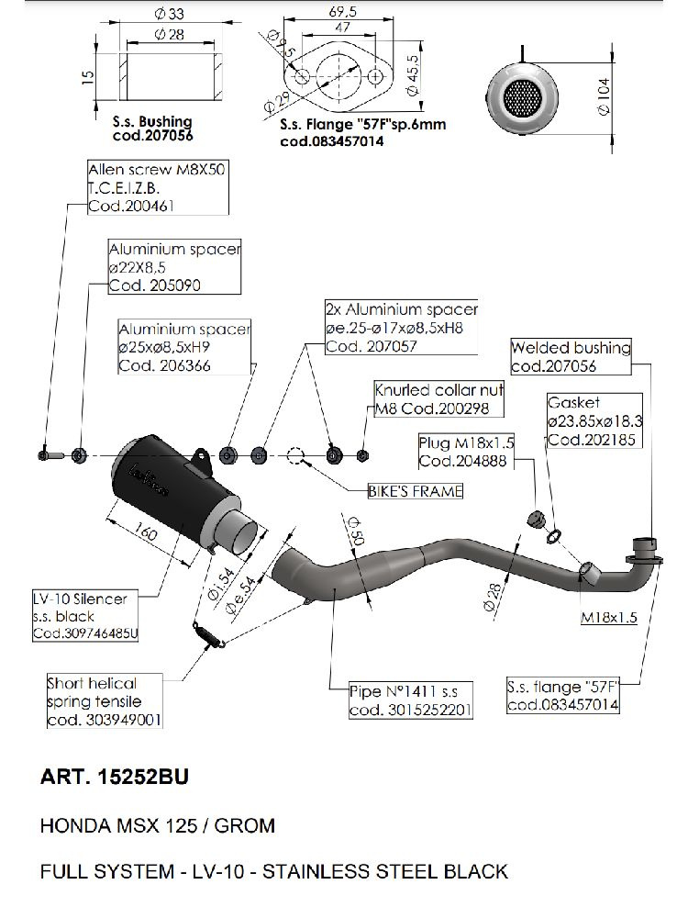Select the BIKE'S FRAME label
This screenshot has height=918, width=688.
415,491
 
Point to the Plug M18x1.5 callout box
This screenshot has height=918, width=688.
465,452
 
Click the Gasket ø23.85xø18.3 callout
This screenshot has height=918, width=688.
594,421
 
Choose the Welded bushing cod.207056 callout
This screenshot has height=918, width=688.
571,356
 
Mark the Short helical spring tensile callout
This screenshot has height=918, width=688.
104,701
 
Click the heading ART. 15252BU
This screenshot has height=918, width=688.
115,777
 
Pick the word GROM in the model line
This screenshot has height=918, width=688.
245,824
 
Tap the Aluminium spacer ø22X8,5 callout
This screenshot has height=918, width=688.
173,267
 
